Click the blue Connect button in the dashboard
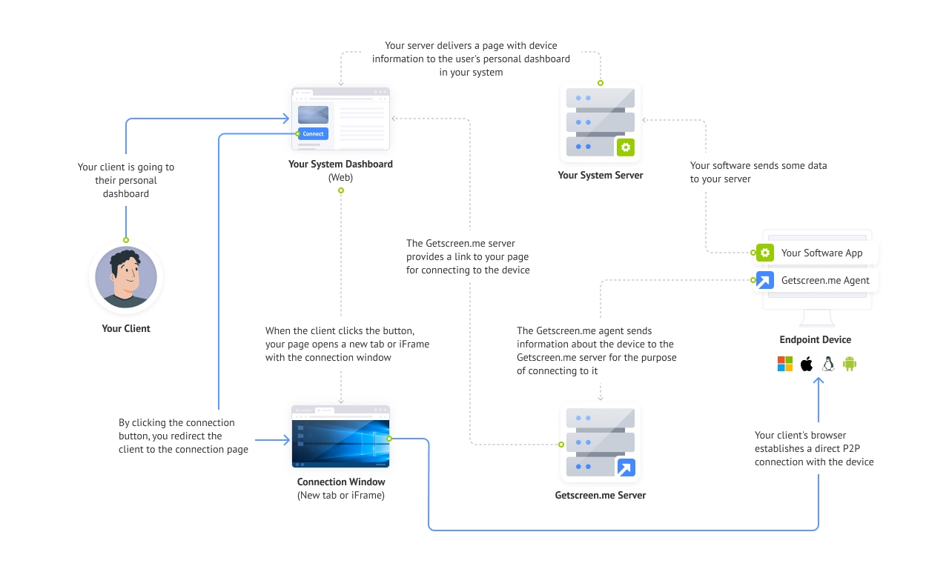(x=313, y=134)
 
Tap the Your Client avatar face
(x=126, y=277)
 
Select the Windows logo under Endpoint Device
(x=785, y=364)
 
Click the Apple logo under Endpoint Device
(x=807, y=364)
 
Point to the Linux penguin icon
(x=828, y=364)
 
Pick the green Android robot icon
(x=850, y=364)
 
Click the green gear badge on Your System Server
(x=626, y=147)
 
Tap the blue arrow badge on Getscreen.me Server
(x=626, y=467)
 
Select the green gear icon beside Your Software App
(x=765, y=253)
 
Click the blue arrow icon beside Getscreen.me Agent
(x=765, y=280)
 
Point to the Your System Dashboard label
(x=340, y=164)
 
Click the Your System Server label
(x=601, y=176)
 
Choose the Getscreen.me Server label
(x=601, y=496)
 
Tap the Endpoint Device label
(x=815, y=339)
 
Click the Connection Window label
(x=341, y=482)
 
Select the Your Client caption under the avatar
(x=126, y=328)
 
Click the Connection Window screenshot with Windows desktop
(x=340, y=436)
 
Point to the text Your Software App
(x=822, y=253)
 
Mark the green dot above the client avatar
(x=126, y=240)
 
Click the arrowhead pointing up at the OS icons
(x=819, y=380)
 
